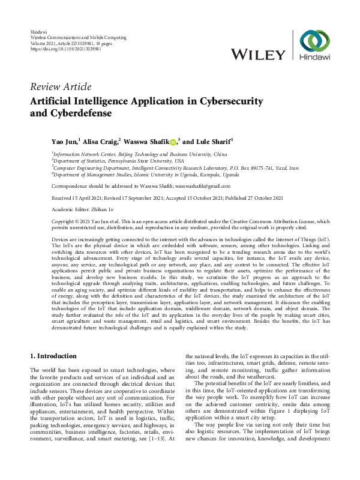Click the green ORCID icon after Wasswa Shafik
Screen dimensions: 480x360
coord(172,142)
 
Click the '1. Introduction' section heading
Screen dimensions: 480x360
coord(53,356)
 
